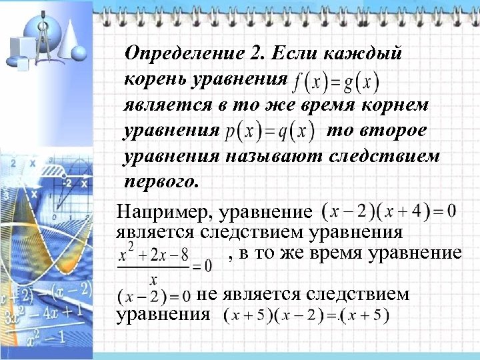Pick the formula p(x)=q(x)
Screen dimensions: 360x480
coord(269,131)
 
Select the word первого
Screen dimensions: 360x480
coord(161,181)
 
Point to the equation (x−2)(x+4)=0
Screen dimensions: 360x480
coord(389,213)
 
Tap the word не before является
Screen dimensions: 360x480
coord(205,295)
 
